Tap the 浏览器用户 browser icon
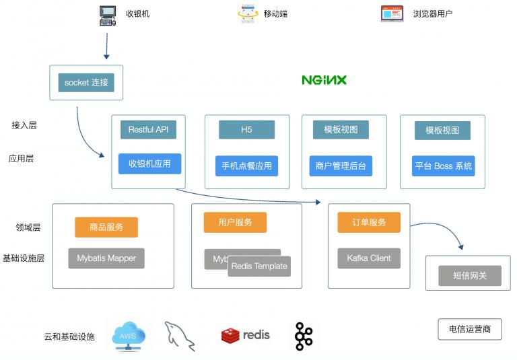click(x=392, y=13)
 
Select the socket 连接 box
click(x=86, y=83)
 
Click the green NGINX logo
click(x=324, y=80)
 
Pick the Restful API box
click(x=148, y=129)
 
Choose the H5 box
click(x=246, y=129)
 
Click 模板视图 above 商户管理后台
click(x=341, y=130)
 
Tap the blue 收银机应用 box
click(x=149, y=164)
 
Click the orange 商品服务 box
click(x=106, y=227)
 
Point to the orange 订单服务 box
click(x=369, y=222)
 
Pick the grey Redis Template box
click(x=259, y=266)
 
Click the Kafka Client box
click(x=369, y=258)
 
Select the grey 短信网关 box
click(x=470, y=275)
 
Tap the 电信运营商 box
click(x=470, y=329)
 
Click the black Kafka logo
click(x=304, y=336)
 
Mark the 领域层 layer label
click(x=28, y=227)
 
